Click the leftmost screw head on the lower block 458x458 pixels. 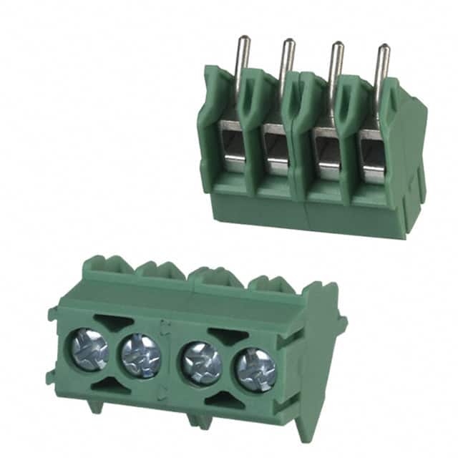click(89, 349)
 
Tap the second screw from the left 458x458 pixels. click(141, 356)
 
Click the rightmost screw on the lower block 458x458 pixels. click(255, 370)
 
